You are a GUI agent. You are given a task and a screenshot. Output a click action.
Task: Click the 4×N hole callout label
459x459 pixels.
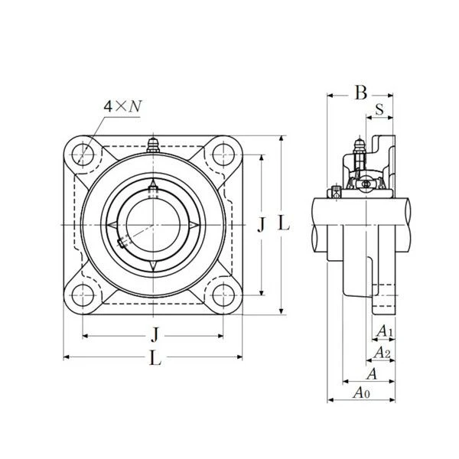122,106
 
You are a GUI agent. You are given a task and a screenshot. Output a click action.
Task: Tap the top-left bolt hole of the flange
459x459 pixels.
83,155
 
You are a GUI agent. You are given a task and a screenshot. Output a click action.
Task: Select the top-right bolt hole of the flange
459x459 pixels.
223,155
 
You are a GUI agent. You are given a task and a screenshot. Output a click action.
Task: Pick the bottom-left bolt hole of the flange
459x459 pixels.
83,295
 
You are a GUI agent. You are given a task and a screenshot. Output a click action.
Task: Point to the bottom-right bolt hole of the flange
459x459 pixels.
223,295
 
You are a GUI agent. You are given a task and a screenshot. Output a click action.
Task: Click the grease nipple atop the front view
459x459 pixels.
153,145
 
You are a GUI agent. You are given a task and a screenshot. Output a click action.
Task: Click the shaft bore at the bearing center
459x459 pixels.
153,225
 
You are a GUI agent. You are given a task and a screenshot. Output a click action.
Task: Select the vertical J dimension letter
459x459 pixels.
261,225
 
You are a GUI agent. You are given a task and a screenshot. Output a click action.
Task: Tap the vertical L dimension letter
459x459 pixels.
283,224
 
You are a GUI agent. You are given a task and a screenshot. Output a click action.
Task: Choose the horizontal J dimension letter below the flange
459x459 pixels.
155,334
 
